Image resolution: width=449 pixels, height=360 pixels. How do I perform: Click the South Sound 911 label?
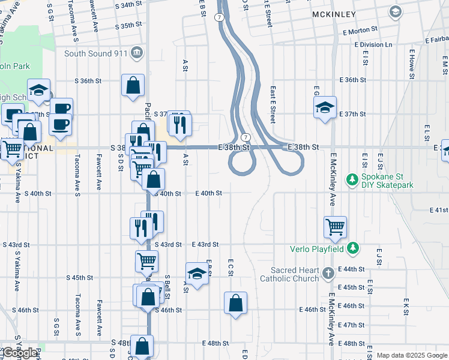(x=96, y=53)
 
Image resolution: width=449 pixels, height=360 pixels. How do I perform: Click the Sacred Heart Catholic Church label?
(x=289, y=274)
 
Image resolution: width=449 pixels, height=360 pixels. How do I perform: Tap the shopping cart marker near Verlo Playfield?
(x=335, y=227)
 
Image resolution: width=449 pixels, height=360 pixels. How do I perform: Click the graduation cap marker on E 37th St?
(x=325, y=108)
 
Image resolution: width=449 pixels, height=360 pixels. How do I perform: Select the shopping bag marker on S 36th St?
(x=133, y=85)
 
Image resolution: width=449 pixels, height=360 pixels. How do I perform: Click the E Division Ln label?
(x=373, y=44)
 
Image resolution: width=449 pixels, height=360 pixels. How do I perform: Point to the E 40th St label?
(x=209, y=193)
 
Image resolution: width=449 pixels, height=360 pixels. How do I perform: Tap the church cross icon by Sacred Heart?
(x=328, y=274)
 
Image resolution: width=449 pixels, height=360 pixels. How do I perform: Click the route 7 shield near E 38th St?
(x=246, y=137)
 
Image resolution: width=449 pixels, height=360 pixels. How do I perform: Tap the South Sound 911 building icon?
(x=137, y=53)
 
